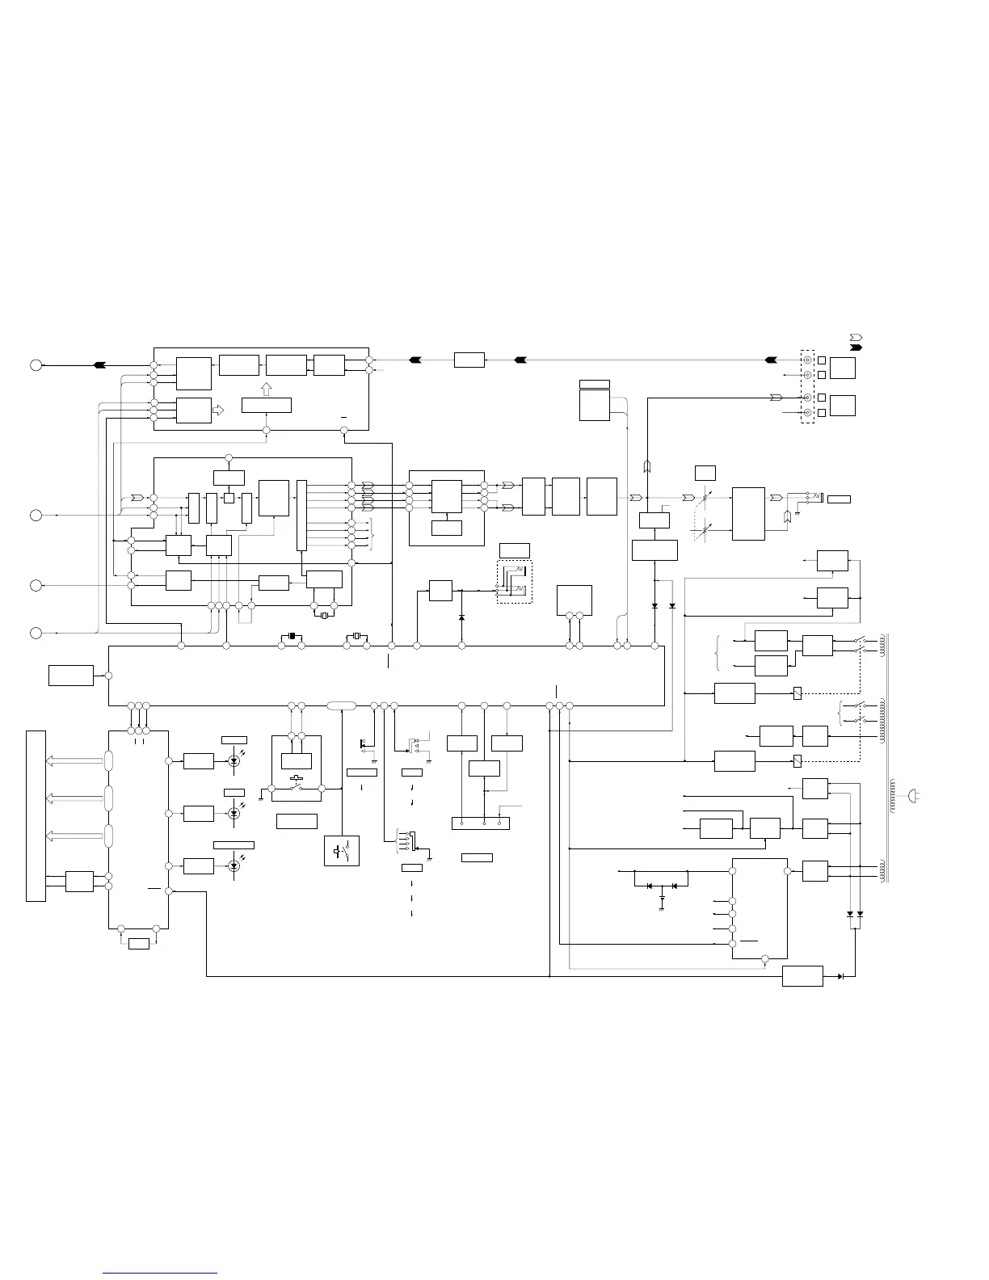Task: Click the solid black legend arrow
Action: tap(856, 347)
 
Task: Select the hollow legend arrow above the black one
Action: tap(856, 335)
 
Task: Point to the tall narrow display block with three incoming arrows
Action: tap(36, 815)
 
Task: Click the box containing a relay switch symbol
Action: tap(342, 851)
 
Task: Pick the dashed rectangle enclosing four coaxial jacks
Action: tap(807, 386)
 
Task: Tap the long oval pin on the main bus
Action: tap(341, 706)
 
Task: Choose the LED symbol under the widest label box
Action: tap(234, 865)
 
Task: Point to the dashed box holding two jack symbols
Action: tap(515, 581)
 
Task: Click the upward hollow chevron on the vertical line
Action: tap(647, 466)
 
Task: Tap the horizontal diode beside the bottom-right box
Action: tap(841, 976)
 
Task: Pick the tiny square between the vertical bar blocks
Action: tap(229, 498)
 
